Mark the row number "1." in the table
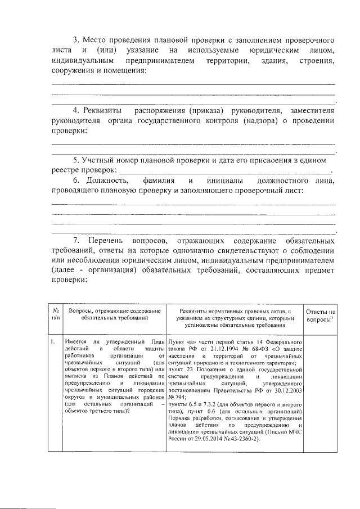click(52, 341)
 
